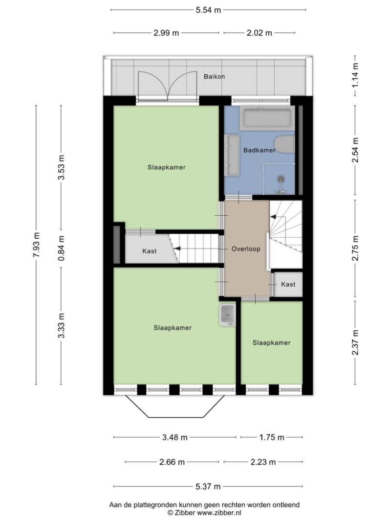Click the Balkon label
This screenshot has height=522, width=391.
pos(215,77)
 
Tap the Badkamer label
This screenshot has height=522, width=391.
pos(259,151)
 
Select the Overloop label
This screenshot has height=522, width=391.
pos(246,249)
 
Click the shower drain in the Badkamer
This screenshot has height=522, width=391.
pos(281,179)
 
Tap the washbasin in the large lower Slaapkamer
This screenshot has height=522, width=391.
pos(227,315)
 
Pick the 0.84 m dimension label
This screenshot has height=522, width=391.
pos(61,248)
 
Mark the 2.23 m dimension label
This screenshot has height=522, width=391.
pos(263,462)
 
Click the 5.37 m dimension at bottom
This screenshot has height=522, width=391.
pos(208,486)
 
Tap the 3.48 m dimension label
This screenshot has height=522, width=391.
pos(174,437)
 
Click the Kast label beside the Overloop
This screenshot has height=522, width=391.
pos(288,284)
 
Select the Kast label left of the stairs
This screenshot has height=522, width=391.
pos(150,251)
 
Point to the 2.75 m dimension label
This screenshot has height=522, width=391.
pos(355,249)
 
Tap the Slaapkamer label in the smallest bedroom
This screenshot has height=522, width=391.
pos(271,343)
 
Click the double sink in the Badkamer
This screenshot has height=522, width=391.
pos(232,155)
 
